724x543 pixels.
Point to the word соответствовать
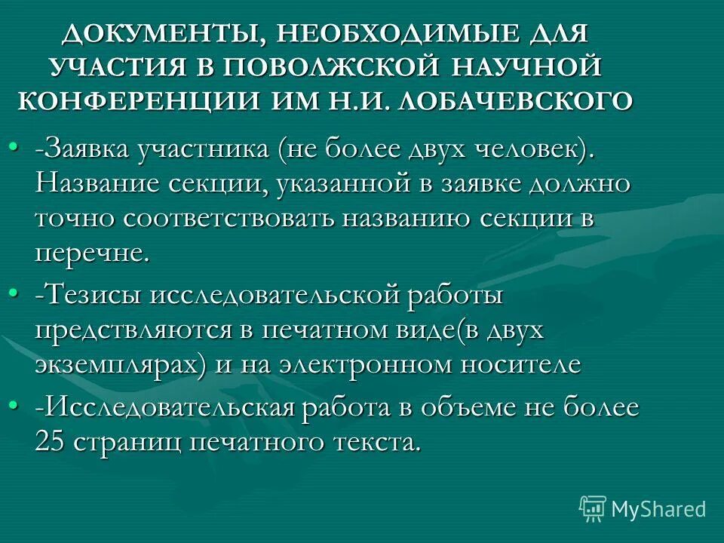pyautogui.click(x=229, y=218)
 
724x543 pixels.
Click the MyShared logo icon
pyautogui.click(x=593, y=508)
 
